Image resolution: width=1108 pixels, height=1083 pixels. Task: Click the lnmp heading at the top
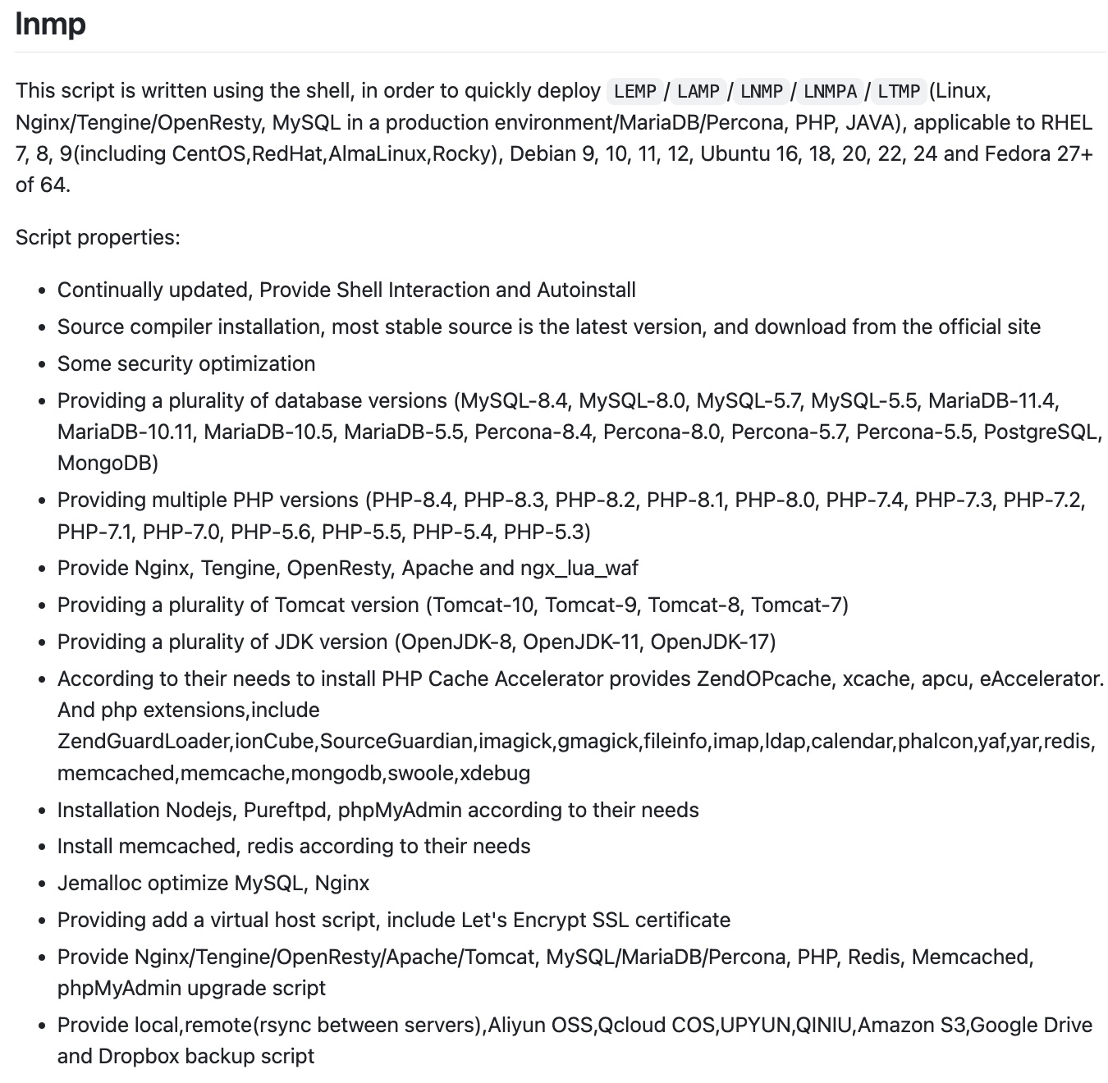50,24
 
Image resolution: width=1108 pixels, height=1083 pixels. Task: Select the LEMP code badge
634,91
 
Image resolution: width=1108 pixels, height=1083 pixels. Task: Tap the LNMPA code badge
830,91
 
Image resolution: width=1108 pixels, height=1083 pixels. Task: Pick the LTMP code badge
899,91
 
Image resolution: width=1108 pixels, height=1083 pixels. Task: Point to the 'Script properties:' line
98,237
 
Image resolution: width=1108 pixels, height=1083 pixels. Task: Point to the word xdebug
495,773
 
